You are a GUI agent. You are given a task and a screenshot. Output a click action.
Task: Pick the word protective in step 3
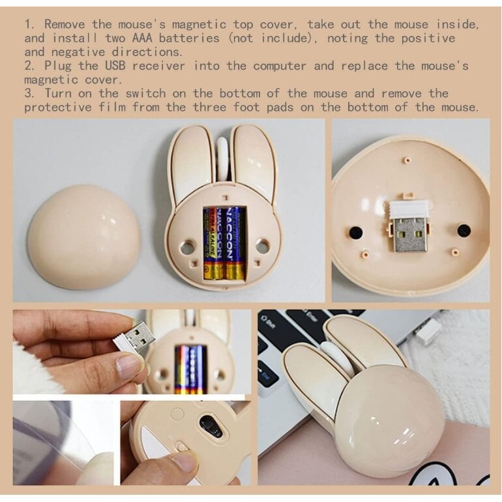click(x=59, y=107)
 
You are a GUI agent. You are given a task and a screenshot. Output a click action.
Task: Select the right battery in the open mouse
click(x=234, y=243)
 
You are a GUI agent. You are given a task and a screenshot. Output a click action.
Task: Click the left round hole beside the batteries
click(x=188, y=246)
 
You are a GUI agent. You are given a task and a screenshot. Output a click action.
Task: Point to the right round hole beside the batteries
click(x=262, y=246)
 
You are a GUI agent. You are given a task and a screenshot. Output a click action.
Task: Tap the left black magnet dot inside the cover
click(x=355, y=231)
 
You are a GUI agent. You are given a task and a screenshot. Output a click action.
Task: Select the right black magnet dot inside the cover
click(x=464, y=230)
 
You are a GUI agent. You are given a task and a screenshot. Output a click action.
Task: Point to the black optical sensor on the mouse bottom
click(x=211, y=426)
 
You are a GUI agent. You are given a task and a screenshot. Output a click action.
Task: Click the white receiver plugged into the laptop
click(x=428, y=331)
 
